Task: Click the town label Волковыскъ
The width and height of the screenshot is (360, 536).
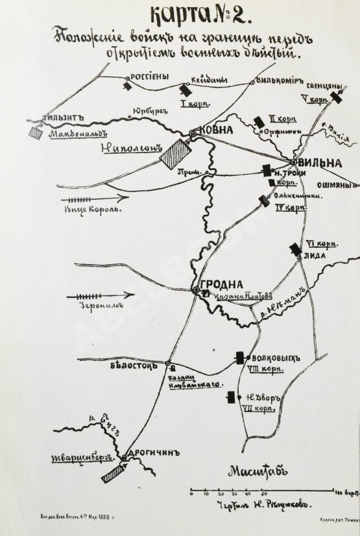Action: (x=271, y=356)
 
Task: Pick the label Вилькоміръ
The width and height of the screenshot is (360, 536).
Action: (x=281, y=82)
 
